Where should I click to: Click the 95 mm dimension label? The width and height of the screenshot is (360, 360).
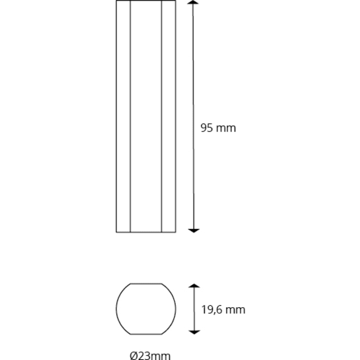(x=218, y=128)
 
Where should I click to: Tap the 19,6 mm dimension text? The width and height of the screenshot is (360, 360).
(x=223, y=309)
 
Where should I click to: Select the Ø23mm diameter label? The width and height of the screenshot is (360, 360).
(x=150, y=355)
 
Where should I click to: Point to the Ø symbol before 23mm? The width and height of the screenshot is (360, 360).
(x=134, y=355)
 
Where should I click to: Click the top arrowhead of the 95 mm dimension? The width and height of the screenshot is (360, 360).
(x=193, y=2)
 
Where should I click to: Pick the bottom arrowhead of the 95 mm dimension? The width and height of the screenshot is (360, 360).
(x=193, y=231)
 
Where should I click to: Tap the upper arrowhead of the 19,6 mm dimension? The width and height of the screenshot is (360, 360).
(x=194, y=286)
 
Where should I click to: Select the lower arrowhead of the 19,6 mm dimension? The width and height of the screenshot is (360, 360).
(x=194, y=332)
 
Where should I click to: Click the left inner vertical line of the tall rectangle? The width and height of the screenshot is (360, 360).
(x=130, y=116)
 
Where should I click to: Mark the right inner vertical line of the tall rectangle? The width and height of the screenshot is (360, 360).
(x=161, y=116)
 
